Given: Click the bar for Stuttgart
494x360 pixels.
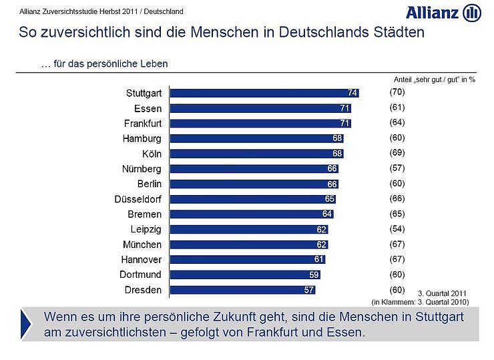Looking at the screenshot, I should (x=264, y=93).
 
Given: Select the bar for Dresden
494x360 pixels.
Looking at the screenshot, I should (x=242, y=290).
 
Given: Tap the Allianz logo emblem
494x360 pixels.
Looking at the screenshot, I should (x=471, y=12).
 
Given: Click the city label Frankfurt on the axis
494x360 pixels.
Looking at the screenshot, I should (x=143, y=124).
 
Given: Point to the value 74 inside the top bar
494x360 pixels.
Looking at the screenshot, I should (x=352, y=93).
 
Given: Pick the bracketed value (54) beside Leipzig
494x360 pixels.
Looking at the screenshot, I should (x=397, y=228).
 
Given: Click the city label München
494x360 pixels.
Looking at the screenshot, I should (x=142, y=244).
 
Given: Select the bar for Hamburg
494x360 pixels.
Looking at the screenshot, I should (x=257, y=138).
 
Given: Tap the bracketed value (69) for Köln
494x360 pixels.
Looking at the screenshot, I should (x=397, y=153).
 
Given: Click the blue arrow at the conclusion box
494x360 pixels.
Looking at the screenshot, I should (x=25, y=323).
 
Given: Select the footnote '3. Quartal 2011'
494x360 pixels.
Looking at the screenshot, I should (x=443, y=293).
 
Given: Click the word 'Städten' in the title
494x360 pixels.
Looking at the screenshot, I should (x=397, y=33).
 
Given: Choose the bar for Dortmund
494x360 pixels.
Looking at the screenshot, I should (x=245, y=275).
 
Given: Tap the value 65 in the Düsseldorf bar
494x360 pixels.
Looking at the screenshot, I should (x=329, y=199).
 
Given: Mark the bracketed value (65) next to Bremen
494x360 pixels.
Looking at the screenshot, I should (x=397, y=214).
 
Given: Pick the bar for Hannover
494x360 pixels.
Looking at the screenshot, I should (x=248, y=259).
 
